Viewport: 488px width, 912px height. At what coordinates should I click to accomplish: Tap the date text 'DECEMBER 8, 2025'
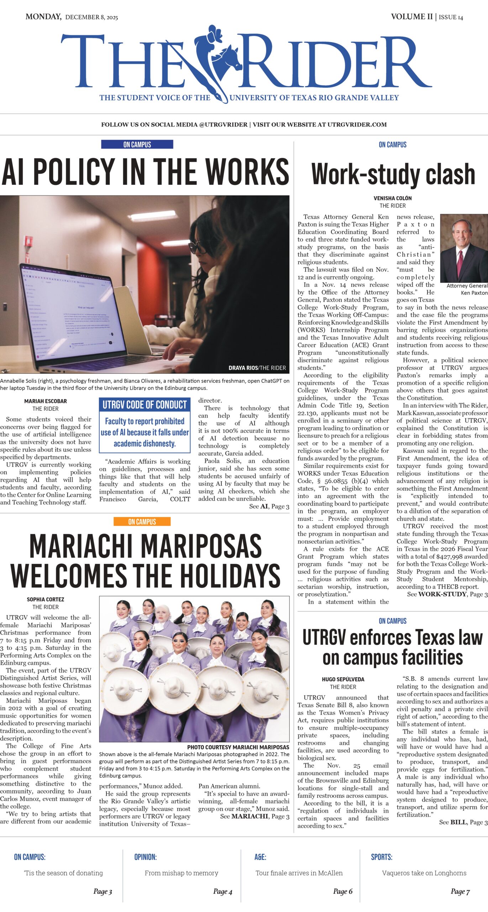91,17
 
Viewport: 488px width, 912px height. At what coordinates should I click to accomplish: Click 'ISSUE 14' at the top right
451,17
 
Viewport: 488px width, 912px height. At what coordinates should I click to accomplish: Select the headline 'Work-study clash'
393,174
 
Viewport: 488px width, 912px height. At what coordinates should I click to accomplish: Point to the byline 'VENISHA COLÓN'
393,198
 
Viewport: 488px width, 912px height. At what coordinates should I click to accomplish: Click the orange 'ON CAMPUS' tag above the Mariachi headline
142,522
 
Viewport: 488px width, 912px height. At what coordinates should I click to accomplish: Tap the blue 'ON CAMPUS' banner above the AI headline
137,144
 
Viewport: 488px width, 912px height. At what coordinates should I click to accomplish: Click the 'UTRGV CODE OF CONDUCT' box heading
145,405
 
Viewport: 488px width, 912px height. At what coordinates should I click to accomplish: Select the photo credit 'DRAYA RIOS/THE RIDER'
257,368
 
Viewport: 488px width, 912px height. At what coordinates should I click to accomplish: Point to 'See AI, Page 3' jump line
269,506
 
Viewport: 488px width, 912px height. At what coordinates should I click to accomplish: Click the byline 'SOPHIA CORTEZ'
46,599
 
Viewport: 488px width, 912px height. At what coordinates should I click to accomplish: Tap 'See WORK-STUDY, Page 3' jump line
447,594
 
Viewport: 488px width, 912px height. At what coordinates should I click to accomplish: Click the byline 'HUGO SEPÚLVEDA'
343,679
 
